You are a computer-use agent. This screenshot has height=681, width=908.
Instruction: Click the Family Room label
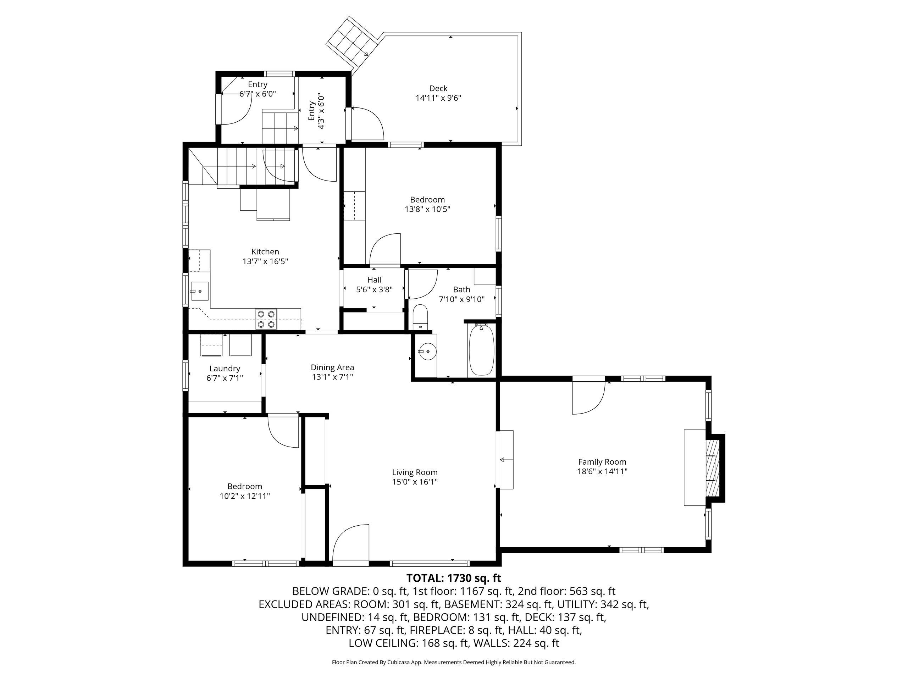(x=602, y=462)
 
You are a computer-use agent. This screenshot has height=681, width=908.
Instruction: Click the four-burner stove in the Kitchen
(x=266, y=319)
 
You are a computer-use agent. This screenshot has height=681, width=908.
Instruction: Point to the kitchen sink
(x=199, y=291)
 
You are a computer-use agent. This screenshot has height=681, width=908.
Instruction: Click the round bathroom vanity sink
(x=426, y=352)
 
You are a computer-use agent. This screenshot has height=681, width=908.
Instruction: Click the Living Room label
(x=415, y=472)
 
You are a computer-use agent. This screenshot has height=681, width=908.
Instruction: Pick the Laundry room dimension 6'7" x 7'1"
(x=225, y=378)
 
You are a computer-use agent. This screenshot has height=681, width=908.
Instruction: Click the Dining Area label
(x=332, y=367)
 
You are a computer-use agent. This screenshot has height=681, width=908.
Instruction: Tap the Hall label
(x=374, y=280)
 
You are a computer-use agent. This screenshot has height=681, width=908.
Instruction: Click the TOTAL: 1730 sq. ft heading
(x=454, y=578)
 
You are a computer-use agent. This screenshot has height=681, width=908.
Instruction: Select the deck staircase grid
(x=352, y=43)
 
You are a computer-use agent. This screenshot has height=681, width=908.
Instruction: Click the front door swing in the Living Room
(x=350, y=542)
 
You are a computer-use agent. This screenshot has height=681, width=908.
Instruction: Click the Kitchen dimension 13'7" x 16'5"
(x=265, y=261)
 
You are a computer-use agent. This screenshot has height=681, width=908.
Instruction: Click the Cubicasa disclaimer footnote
(x=454, y=662)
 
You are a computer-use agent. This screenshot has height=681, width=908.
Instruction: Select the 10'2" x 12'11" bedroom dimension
(x=245, y=496)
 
